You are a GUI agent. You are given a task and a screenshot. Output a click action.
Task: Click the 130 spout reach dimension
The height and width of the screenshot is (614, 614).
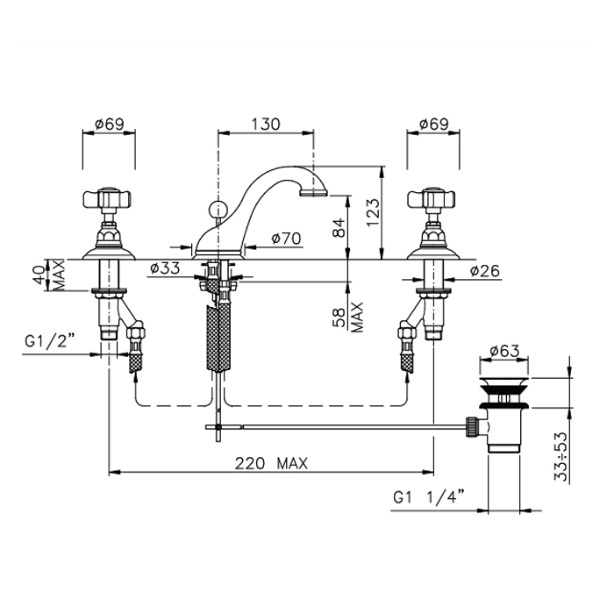[266, 124]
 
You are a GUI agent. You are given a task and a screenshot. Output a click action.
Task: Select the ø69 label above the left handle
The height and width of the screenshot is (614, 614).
[110, 125]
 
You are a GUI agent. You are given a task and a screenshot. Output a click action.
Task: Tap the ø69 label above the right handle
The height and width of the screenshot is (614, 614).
[433, 125]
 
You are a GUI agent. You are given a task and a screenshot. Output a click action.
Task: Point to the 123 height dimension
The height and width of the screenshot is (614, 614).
[373, 212]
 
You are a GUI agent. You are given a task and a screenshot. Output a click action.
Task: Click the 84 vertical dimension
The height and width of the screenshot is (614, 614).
[339, 227]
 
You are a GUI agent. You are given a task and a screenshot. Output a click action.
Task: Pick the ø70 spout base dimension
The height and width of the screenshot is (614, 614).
[286, 238]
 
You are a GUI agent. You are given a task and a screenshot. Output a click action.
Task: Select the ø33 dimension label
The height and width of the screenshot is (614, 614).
[165, 268]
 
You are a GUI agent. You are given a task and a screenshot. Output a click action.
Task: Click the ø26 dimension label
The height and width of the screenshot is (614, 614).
[485, 270]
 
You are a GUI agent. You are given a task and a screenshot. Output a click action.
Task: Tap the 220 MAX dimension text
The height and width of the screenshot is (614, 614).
[271, 464]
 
